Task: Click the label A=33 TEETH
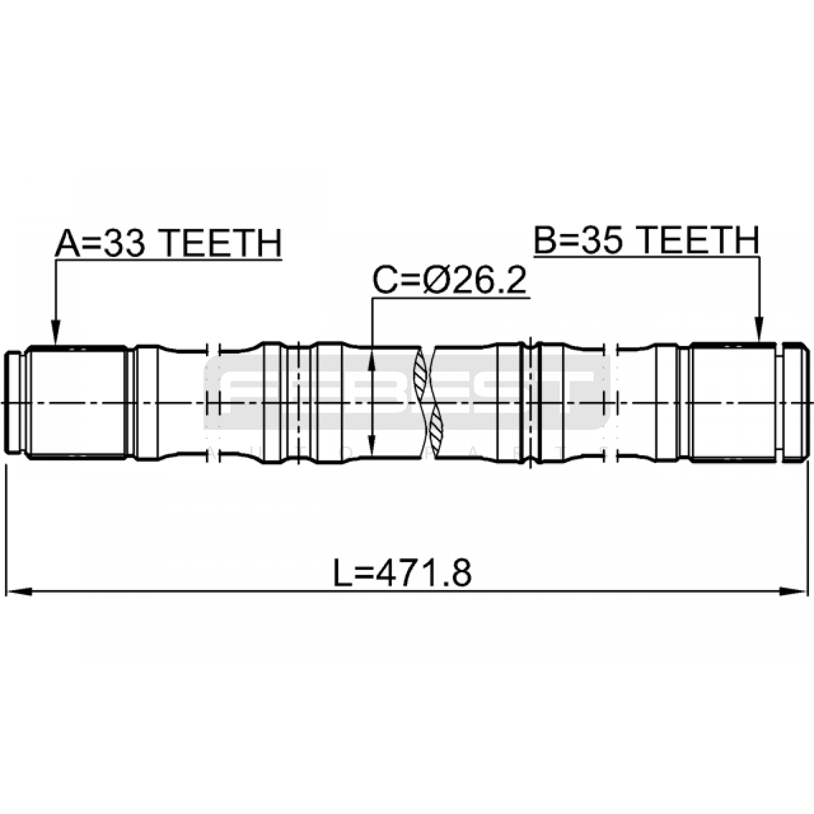point(168,243)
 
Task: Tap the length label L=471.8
point(402,572)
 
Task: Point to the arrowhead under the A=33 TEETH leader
point(56,333)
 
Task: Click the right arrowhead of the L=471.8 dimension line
point(795,592)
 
